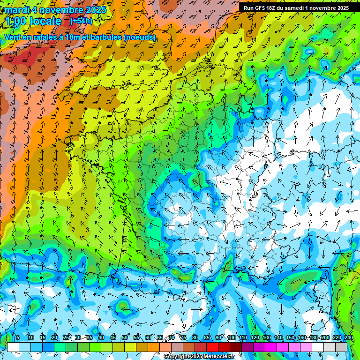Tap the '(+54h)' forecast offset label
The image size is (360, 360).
(x=81, y=21)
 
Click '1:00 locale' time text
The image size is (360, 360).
(x=34, y=21)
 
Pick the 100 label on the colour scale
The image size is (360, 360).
(x=231, y=337)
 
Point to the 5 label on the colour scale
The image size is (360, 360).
(x=18, y=337)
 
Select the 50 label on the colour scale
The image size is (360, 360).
(x=125, y=337)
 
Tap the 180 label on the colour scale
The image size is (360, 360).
(x=313, y=337)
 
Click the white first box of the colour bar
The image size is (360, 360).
(x=13, y=347)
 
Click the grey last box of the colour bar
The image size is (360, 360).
(x=342, y=347)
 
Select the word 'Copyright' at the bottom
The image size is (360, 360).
(x=177, y=357)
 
